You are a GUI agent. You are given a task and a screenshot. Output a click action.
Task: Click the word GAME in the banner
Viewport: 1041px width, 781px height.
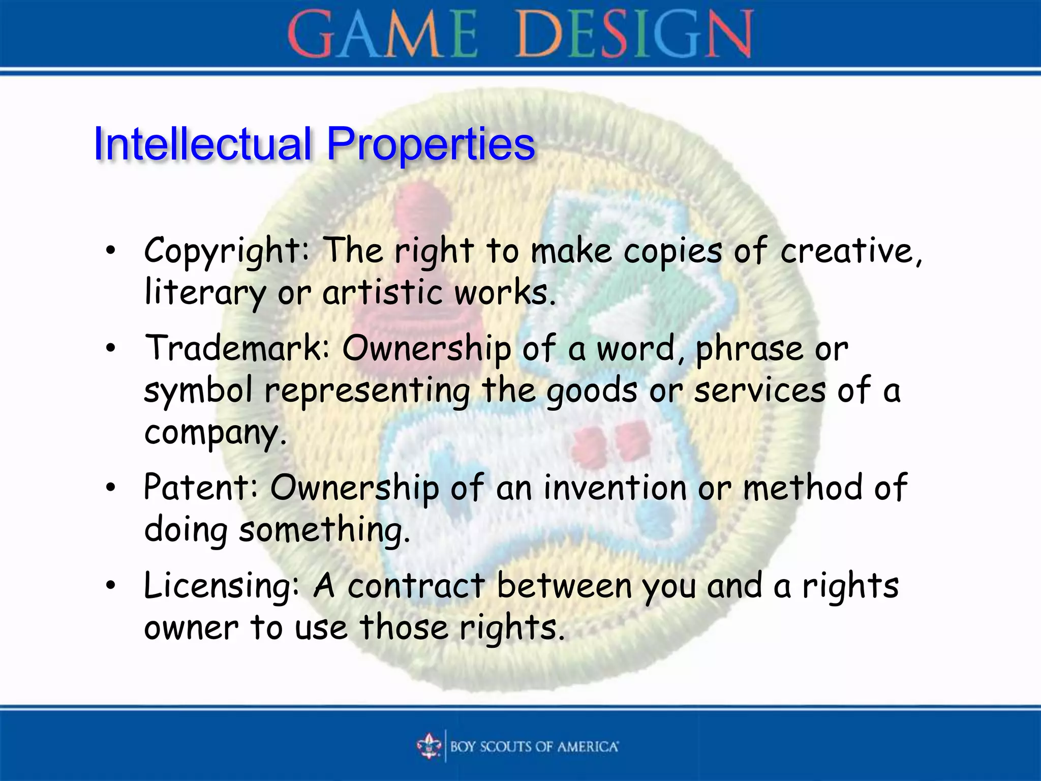click(382, 35)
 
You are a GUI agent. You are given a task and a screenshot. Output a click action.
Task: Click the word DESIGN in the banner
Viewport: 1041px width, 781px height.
click(634, 35)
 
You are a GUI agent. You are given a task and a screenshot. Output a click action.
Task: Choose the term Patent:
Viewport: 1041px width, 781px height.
click(201, 487)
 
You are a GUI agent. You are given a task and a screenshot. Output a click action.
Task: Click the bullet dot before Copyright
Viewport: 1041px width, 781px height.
click(111, 250)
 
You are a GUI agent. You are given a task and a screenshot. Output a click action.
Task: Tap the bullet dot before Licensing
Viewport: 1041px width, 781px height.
click(111, 586)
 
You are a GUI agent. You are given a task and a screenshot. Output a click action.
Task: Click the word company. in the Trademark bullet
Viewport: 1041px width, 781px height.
click(216, 433)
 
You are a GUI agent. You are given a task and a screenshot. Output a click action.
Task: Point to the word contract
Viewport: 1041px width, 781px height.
click(416, 586)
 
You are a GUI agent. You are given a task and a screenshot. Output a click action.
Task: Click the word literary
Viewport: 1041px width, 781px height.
click(204, 293)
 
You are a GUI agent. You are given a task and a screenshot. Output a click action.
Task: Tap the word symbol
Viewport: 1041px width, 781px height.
click(198, 390)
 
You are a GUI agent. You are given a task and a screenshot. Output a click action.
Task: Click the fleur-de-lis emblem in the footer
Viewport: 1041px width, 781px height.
click(428, 746)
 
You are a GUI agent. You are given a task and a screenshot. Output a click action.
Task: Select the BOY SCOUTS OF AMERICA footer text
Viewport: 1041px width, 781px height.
click(534, 746)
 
